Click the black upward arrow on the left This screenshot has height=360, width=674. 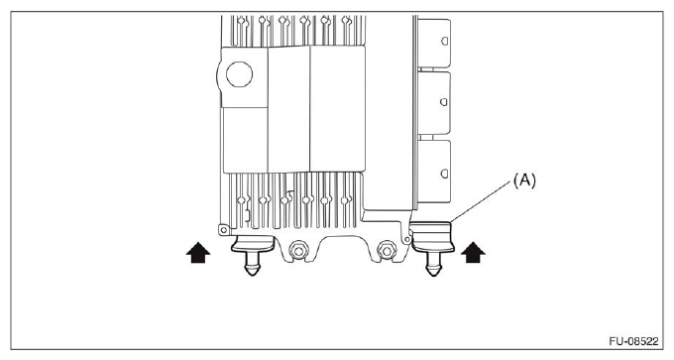click(x=198, y=254)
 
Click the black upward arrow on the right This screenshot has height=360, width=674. click(x=474, y=254)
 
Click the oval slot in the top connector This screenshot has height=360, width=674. click(x=445, y=42)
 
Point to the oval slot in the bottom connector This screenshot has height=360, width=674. click(x=445, y=166)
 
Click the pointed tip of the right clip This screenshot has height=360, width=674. click(x=433, y=274)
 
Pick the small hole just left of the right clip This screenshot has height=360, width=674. click(x=407, y=239)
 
